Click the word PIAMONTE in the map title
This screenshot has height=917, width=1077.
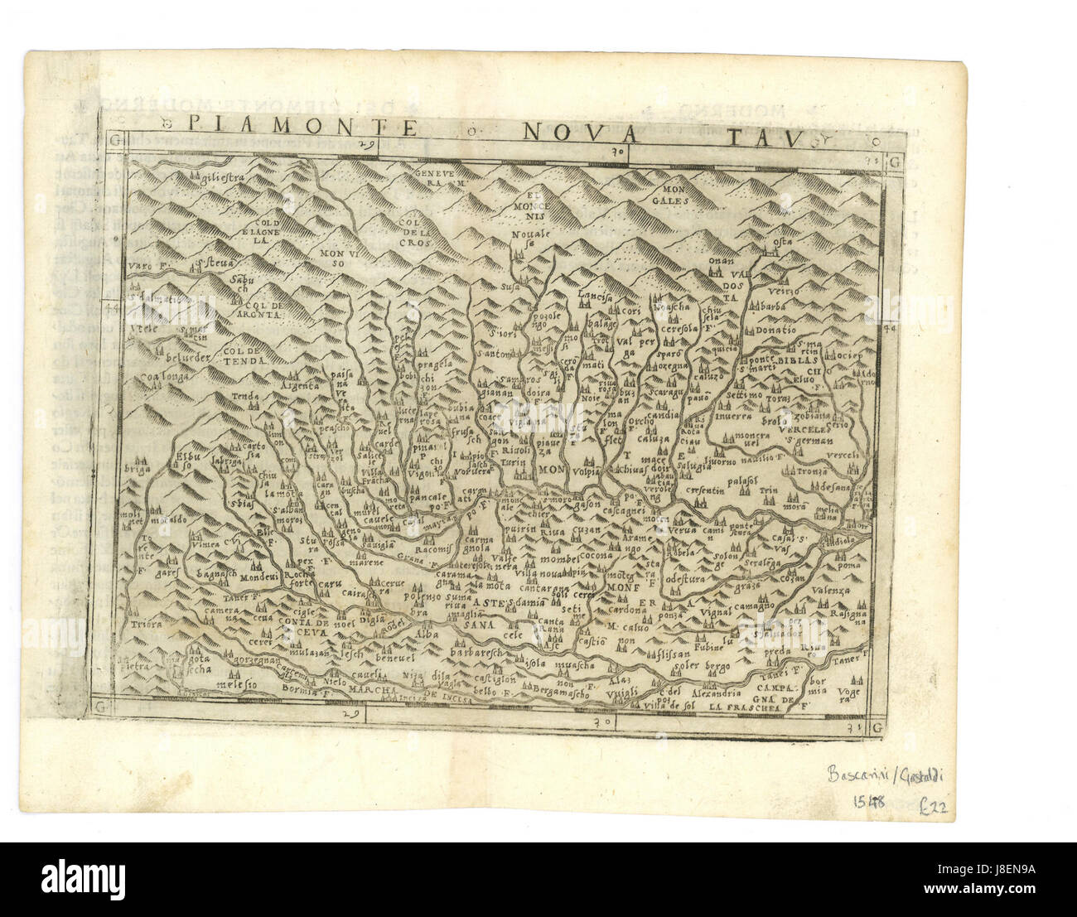point(302,127)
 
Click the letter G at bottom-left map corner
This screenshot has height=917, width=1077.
point(100,707)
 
